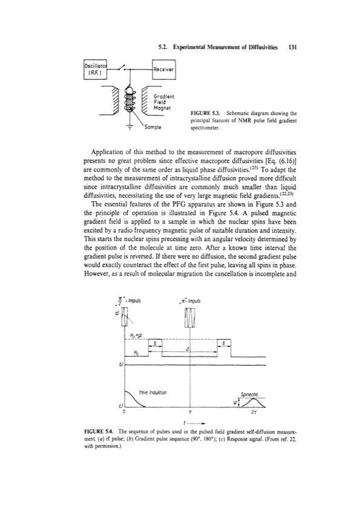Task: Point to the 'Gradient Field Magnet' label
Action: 165,104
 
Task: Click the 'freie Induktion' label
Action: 149,392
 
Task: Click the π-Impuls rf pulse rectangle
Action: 190,318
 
